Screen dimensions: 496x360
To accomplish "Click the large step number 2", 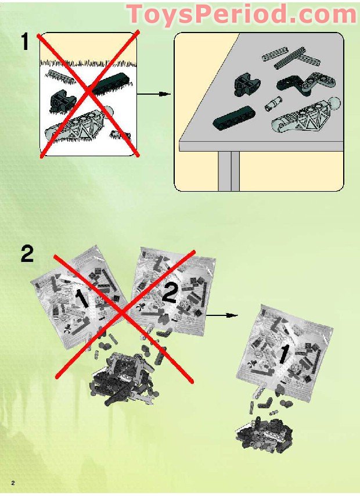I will pos(27,254).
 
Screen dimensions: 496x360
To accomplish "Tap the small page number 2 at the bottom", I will pos(12,483).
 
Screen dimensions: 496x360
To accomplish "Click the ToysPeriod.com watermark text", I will pos(241,14).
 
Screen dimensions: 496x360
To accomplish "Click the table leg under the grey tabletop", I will pos(228,171).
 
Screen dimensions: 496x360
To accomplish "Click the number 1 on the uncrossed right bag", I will pos(284,354).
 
